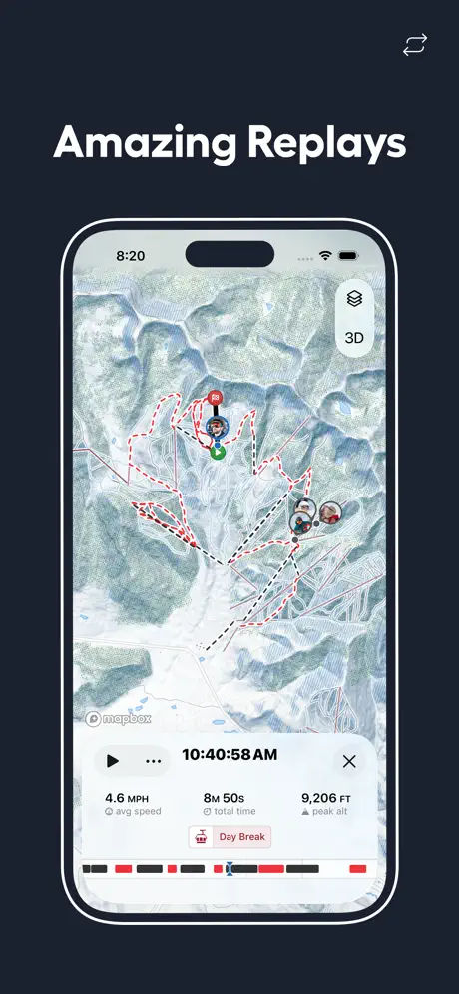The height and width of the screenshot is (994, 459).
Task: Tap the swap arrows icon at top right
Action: pos(414,45)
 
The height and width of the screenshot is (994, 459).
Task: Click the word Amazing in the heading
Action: pos(141,143)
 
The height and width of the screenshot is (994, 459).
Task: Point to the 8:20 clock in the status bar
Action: pos(130,255)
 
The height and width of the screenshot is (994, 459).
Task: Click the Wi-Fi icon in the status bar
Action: pos(325,256)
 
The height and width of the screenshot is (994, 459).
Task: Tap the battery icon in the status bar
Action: pos(346,256)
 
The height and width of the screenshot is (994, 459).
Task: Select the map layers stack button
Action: pos(354,298)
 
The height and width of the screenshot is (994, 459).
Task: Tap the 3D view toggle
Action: pos(354,338)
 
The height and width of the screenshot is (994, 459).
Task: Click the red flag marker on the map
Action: pos(216,399)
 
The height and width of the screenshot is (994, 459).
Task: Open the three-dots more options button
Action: pos(153,761)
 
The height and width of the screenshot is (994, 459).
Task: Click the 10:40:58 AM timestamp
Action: pos(229,756)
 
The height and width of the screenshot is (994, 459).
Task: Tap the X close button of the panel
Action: pos(349,761)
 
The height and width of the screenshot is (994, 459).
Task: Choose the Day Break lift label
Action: pos(229,837)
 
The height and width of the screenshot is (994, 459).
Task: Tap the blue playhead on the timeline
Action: pos(229,869)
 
